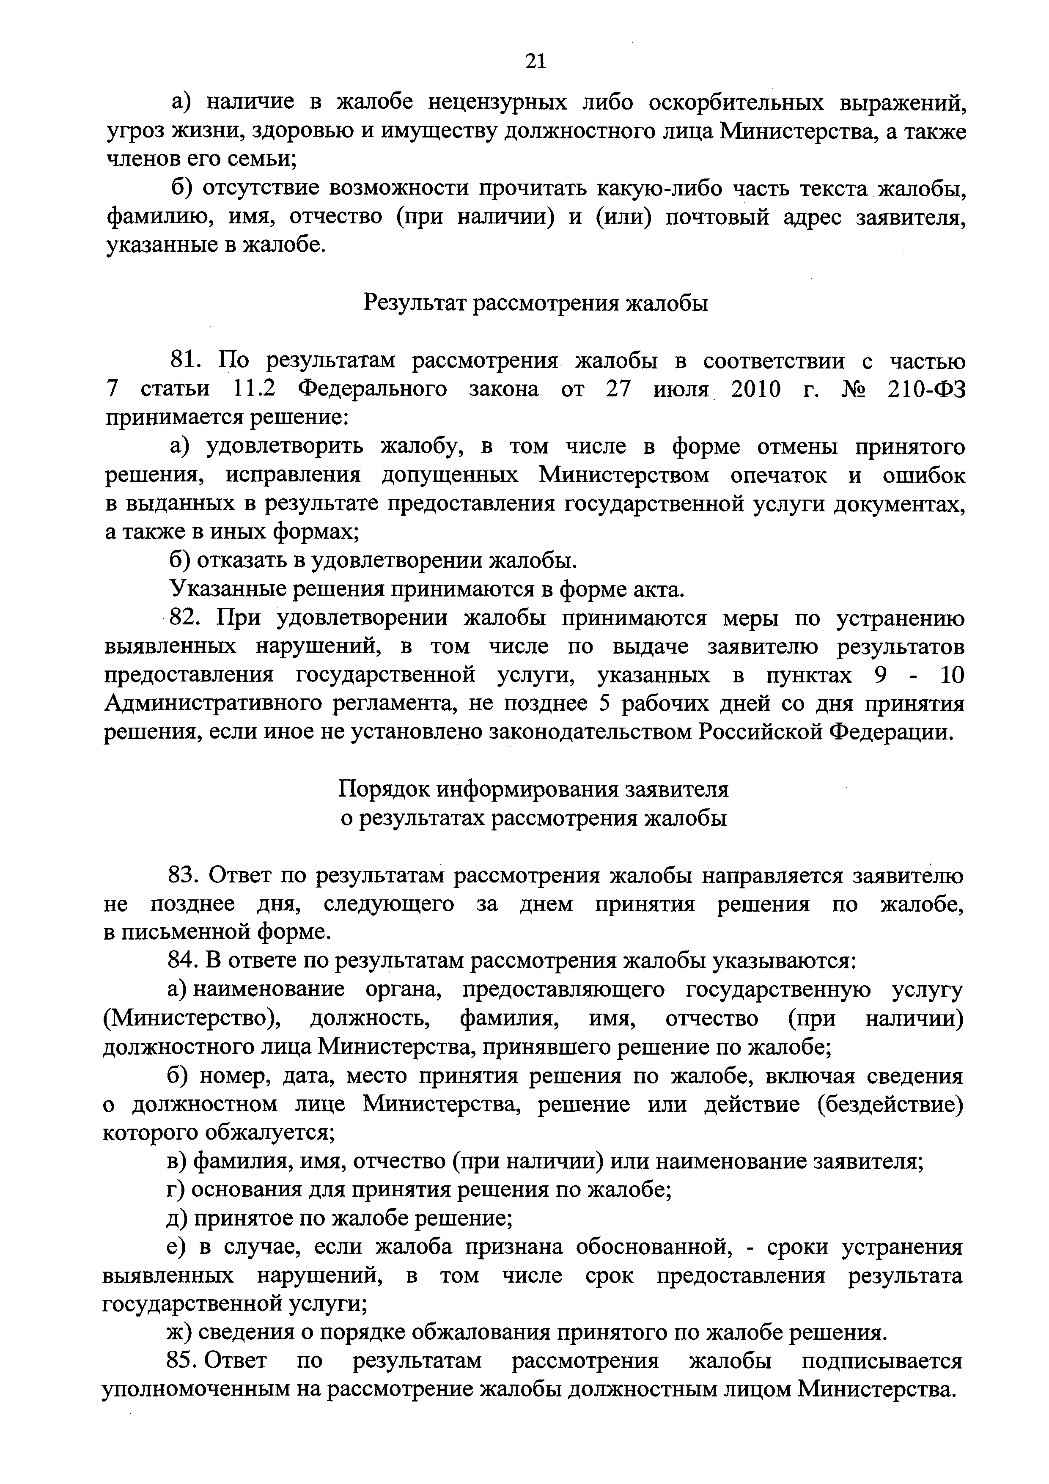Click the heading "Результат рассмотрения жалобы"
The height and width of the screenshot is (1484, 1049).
tap(536, 302)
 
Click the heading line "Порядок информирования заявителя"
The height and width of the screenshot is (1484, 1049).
tap(533, 790)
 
